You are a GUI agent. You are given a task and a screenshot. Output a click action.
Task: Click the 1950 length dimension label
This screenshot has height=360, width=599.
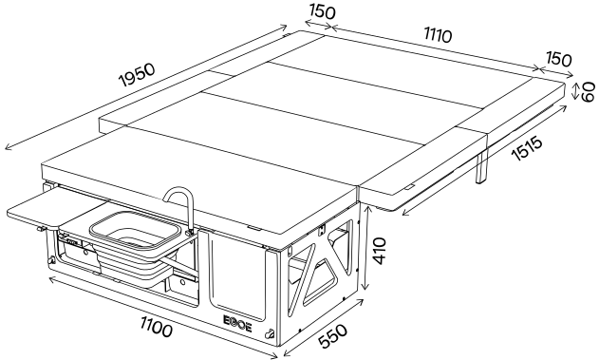(138, 75)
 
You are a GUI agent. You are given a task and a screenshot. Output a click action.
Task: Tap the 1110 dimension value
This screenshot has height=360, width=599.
(438, 35)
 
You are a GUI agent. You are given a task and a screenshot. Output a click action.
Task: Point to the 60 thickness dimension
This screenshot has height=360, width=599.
(589, 92)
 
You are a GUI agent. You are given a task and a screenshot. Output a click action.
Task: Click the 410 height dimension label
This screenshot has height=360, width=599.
(380, 251)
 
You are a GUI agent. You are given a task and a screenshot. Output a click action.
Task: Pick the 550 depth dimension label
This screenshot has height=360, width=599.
(333, 336)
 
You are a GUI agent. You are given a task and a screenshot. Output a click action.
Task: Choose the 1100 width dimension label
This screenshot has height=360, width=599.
(157, 328)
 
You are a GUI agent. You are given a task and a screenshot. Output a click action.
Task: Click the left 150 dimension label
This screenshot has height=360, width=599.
(323, 11)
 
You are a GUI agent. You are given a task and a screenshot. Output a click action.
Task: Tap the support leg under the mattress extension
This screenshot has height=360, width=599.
(481, 166)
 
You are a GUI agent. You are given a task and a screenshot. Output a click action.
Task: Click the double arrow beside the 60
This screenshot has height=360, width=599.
(575, 92)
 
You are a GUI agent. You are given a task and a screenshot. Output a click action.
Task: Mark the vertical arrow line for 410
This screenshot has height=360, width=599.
(366, 249)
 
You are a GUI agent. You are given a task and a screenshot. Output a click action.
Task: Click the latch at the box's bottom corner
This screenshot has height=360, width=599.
(271, 333)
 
